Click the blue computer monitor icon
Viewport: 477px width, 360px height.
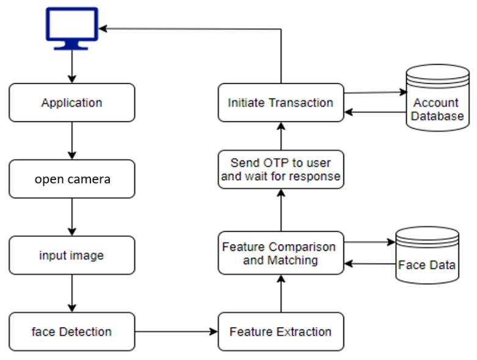point(71,27)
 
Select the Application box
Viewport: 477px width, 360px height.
point(71,103)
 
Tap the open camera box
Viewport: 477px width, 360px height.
point(71,179)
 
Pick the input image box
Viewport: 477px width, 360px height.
point(71,255)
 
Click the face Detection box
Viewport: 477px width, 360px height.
point(71,332)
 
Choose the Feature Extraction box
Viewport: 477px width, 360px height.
point(280,332)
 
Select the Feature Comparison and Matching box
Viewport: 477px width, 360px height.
point(280,253)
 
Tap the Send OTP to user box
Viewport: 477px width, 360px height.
point(280,170)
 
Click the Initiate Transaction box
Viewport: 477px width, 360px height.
point(280,103)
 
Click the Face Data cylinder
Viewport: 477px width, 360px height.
point(427,256)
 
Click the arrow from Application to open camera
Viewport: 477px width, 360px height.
point(72,140)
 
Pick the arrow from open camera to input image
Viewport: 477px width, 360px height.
point(72,217)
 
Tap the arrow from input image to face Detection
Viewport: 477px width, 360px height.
point(72,293)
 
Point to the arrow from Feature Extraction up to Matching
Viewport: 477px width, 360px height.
point(281,293)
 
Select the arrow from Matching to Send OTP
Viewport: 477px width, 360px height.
point(281,210)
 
